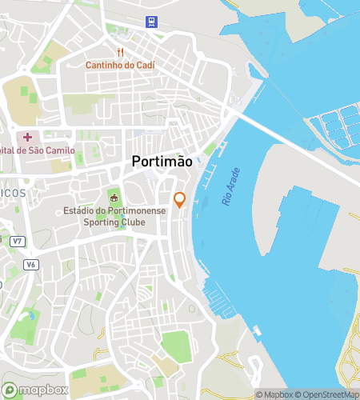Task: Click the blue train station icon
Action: point(149,22)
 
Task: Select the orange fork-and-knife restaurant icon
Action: point(122,52)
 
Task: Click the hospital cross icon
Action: point(28,138)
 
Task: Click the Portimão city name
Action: point(162,161)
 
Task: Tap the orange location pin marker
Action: point(180,200)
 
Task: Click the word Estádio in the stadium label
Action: point(82,211)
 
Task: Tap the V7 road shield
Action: point(18,241)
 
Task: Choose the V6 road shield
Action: point(30,264)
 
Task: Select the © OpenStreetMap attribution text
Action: point(327,394)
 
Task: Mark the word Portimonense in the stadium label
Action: point(134,211)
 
